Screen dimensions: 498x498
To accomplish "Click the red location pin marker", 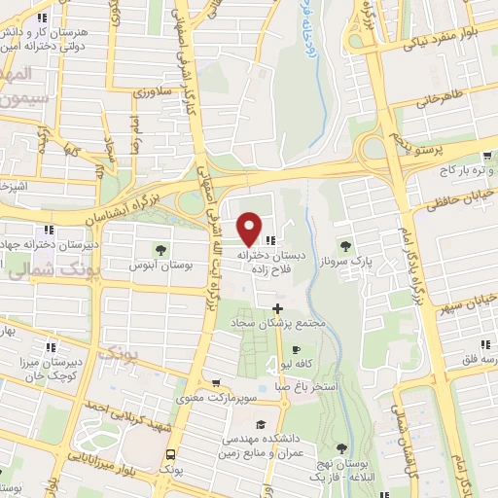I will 250,229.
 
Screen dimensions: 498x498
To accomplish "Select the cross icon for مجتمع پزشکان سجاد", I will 277,308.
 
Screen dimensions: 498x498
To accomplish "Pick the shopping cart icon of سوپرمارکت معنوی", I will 215,383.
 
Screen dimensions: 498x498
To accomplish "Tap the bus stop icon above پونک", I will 171,454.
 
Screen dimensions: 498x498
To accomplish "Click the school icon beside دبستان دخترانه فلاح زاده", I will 271,239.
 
